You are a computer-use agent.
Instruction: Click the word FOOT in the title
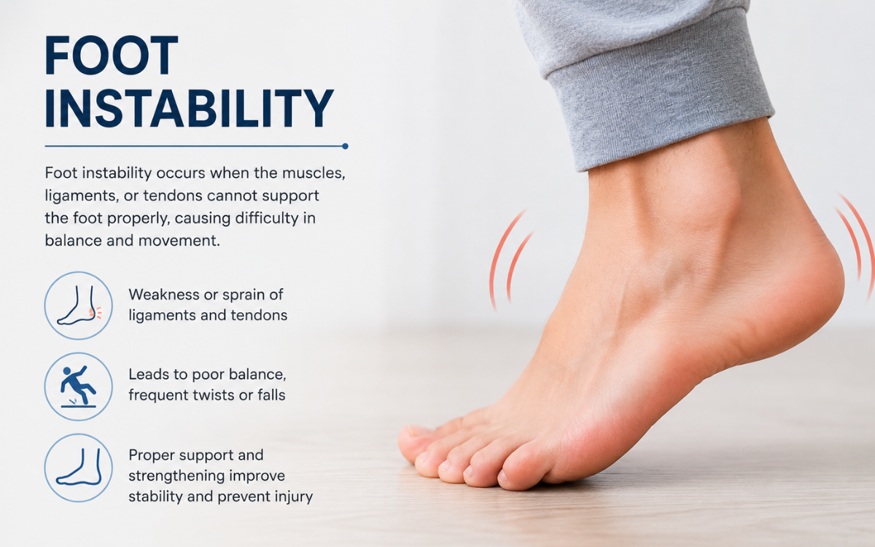(112, 55)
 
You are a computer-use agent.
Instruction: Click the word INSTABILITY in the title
(189, 108)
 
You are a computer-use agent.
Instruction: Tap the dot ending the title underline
(345, 146)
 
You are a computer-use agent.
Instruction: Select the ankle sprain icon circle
(79, 306)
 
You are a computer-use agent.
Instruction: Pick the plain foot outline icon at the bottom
(79, 468)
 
